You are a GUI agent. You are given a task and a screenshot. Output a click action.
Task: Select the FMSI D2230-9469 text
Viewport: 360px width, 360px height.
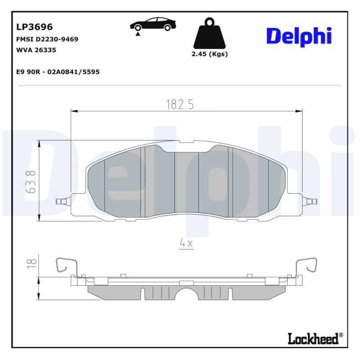pos(47,39)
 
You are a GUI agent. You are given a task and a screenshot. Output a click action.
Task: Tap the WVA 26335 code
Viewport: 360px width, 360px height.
pos(36,50)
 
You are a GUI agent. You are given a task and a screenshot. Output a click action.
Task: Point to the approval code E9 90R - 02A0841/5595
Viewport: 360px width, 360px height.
pos(58,72)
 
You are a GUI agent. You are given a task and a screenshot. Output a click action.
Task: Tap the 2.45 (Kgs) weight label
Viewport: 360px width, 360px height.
pos(209,54)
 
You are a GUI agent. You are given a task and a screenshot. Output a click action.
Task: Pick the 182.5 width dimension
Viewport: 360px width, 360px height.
pos(180,104)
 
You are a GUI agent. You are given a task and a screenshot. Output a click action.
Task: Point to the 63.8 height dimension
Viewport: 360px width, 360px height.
pos(31,181)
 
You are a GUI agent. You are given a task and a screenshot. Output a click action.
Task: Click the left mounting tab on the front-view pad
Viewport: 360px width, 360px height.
pos(62,201)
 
